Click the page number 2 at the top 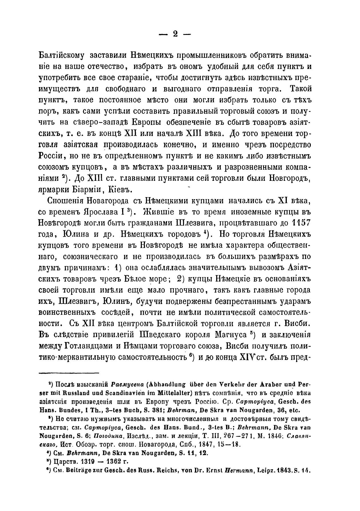click(x=175, y=34)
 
